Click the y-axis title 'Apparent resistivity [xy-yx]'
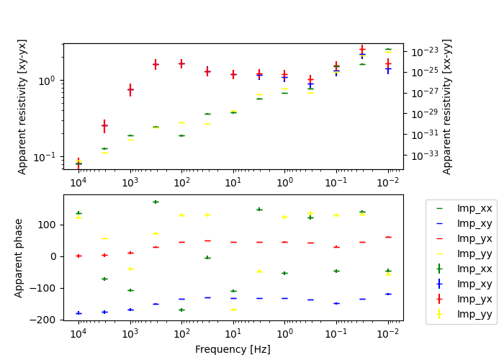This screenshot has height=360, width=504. pyautogui.click(x=22, y=107)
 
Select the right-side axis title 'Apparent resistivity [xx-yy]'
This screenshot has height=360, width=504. pyautogui.click(x=447, y=107)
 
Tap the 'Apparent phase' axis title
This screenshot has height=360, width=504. pyautogui.click(x=19, y=258)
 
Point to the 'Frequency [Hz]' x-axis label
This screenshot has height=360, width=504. pyautogui.click(x=233, y=349)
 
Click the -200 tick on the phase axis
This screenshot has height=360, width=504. pyautogui.click(x=45, y=320)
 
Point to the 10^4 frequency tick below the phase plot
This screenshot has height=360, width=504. pyautogui.click(x=78, y=333)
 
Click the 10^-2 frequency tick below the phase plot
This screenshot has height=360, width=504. pyautogui.click(x=388, y=333)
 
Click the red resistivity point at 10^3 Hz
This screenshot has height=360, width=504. pyautogui.click(x=130, y=90)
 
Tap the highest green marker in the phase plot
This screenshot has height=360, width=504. pyautogui.click(x=156, y=202)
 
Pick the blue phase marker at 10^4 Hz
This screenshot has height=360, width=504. pyautogui.click(x=78, y=313)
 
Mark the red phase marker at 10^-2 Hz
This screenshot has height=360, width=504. pyautogui.click(x=388, y=237)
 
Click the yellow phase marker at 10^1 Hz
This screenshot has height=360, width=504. pyautogui.click(x=233, y=310)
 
